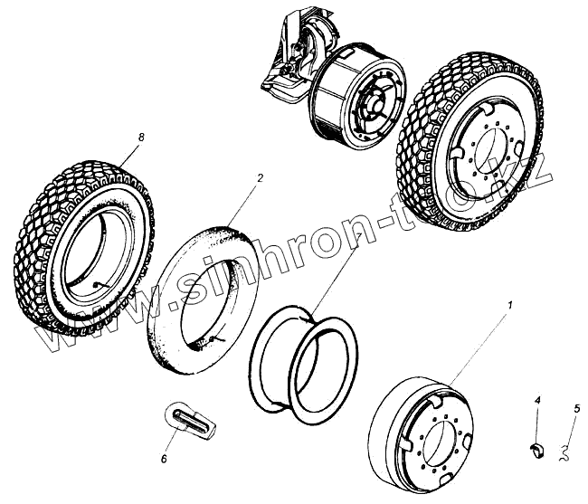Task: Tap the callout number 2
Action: click(x=260, y=179)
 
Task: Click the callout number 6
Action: click(x=164, y=459)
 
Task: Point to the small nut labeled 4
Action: click(x=536, y=445)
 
